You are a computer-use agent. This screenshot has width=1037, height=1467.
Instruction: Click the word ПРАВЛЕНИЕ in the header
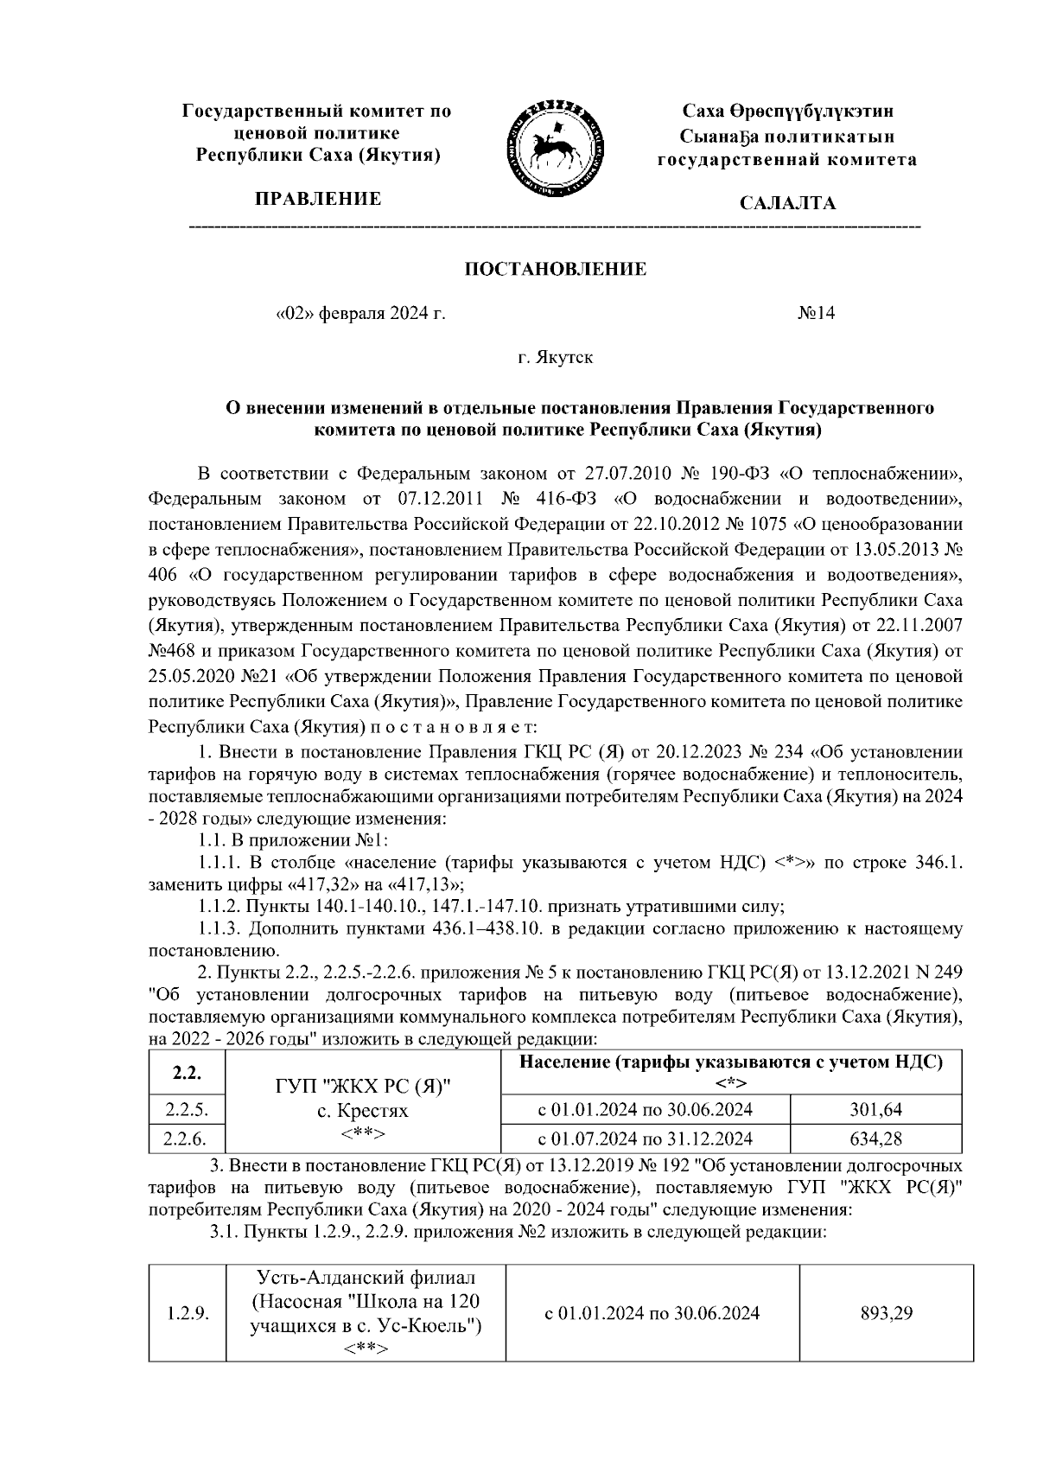pos(316,200)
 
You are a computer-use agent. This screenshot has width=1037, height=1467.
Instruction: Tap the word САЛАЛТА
pos(787,203)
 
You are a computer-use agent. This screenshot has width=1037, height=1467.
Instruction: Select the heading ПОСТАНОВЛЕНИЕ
pos(556,270)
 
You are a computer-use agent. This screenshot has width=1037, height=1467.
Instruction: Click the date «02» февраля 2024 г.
pos(359,313)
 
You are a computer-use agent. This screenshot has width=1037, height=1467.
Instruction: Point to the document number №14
pos(816,313)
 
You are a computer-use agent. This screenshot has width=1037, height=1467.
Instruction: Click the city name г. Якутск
pos(556,356)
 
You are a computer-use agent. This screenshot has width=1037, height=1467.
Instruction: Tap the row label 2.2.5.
pos(186,1109)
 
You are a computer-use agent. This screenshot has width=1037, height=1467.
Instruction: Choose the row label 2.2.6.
pos(186,1138)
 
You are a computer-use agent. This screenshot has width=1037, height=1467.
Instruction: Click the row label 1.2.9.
pos(186,1314)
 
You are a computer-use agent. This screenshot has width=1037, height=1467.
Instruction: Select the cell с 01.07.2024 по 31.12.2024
pos(645,1138)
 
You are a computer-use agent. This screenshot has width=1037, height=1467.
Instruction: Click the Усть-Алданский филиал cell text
pos(366,1277)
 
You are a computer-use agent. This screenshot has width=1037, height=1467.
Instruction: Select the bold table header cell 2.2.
pos(186,1073)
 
